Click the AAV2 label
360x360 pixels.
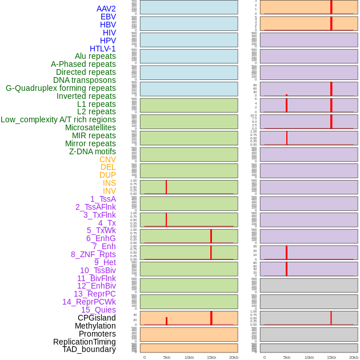click(x=106, y=9)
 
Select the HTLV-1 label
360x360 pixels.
click(x=102, y=49)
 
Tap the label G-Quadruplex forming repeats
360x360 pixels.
click(x=61, y=88)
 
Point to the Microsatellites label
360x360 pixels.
click(x=90, y=127)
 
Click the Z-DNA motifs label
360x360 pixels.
click(x=92, y=151)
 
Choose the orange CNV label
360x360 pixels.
click(x=107, y=159)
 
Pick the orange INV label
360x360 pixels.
click(x=109, y=191)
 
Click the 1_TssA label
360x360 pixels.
click(x=103, y=199)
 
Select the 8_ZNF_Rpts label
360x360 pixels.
click(x=93, y=254)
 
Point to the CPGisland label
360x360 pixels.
click(x=97, y=318)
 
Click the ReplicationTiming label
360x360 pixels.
click(x=84, y=342)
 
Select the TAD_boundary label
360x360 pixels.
click(x=89, y=349)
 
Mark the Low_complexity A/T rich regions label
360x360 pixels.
click(x=58, y=119)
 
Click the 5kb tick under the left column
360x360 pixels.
click(x=166, y=357)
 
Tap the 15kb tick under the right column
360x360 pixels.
click(x=331, y=357)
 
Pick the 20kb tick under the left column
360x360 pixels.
click(x=233, y=357)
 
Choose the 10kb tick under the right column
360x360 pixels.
click(x=309, y=357)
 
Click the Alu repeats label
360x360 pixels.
click(x=95, y=56)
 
